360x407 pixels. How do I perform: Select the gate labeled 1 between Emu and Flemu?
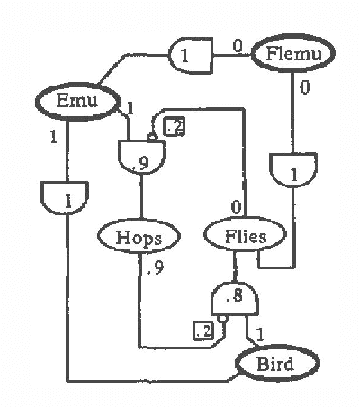pos(190,57)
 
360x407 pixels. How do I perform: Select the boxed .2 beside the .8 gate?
pos(202,331)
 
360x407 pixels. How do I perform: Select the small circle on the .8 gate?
pos(221,321)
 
